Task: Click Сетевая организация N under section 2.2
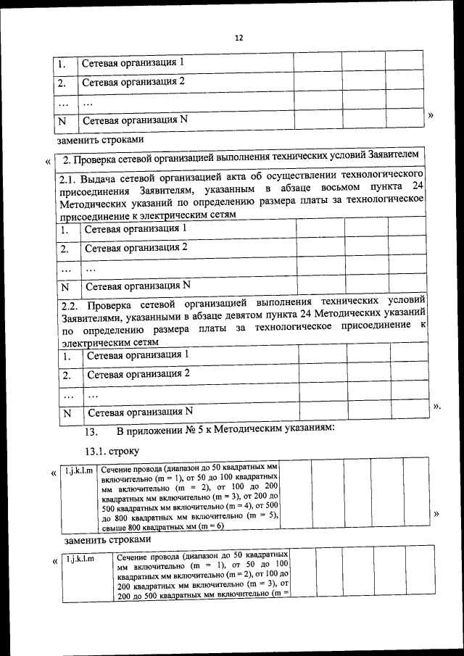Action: (139, 413)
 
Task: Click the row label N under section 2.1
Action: (65, 286)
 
